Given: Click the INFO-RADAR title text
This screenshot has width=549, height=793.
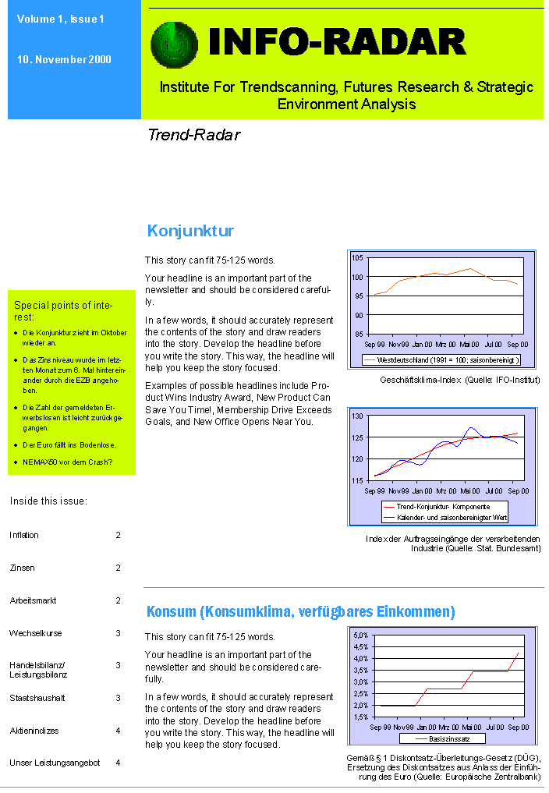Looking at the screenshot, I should tap(337, 41).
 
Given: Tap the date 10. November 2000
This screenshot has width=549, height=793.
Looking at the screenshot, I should tap(64, 60).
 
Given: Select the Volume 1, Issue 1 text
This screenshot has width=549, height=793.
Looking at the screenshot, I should tap(61, 19).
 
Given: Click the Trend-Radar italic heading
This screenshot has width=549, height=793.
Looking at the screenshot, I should tap(193, 135).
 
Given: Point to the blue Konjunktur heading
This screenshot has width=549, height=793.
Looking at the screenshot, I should tap(190, 231).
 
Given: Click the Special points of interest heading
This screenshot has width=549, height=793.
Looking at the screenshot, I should tap(63, 311).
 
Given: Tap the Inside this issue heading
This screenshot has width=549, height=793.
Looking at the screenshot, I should tap(48, 501).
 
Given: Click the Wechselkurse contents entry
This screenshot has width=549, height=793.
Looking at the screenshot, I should tap(36, 633).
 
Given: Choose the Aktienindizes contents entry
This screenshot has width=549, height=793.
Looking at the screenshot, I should tap(34, 731).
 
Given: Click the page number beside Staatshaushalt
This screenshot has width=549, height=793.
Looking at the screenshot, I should tap(119, 698).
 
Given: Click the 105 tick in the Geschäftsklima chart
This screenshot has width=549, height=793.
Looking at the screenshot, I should tap(357, 258).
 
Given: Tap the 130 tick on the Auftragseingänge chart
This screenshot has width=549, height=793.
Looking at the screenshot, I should tap(357, 416).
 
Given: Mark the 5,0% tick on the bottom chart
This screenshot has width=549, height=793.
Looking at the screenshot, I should tap(360, 635).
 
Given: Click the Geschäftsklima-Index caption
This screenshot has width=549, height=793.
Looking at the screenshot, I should tap(459, 380).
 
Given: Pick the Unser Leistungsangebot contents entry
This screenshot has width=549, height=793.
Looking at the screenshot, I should tap(55, 763).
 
